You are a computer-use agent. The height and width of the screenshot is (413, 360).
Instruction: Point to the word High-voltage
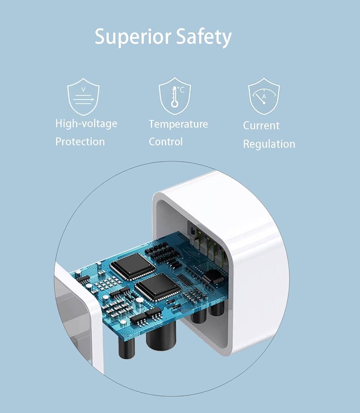[86, 124]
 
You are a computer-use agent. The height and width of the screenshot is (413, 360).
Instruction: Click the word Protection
[80, 142]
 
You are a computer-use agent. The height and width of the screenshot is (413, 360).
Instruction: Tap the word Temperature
[178, 124]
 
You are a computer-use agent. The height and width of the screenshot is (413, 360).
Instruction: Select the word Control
[165, 142]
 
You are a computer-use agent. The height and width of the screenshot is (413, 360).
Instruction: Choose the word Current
[261, 126]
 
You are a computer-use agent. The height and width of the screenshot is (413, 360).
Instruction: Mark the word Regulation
[269, 144]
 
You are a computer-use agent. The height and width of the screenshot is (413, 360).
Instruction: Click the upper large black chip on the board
[132, 265]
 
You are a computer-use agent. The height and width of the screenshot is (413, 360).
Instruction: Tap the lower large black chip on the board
[158, 286]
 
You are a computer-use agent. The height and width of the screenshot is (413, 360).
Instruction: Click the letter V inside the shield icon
[83, 89]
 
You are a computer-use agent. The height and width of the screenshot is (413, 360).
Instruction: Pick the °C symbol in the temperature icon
[181, 88]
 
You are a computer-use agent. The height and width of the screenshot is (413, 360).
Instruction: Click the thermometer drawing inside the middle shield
[175, 97]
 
